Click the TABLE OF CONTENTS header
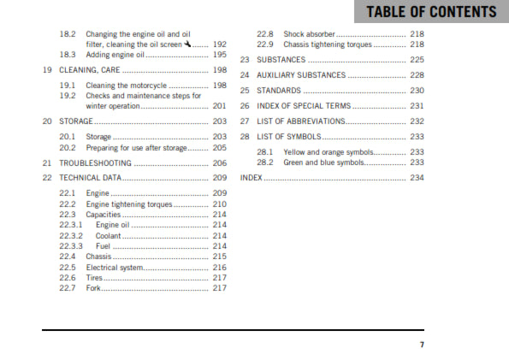pyautogui.click(x=430, y=11)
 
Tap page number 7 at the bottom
pyautogui.click(x=421, y=345)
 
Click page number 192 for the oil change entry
pyautogui.click(x=220, y=43)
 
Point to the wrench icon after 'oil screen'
pyautogui.click(x=186, y=43)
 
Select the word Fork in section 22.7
pyautogui.click(x=93, y=287)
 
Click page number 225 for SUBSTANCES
pyautogui.click(x=417, y=60)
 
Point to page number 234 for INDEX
pyautogui.click(x=417, y=178)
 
